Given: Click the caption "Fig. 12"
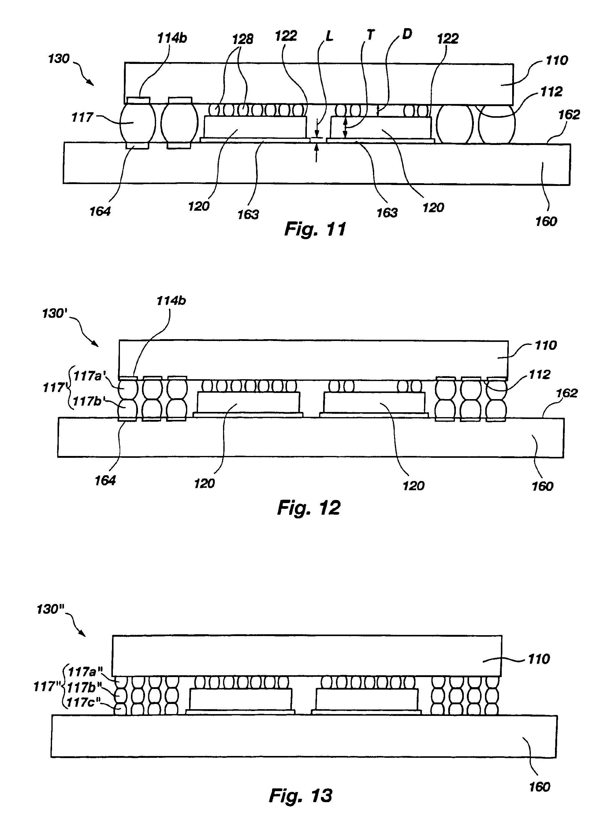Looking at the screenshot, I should [x=309, y=508].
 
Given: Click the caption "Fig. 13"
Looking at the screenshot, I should [x=300, y=795].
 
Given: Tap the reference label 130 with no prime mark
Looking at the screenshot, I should [x=59, y=59].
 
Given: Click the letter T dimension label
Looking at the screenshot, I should [x=371, y=35].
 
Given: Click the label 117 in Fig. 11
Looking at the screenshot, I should [x=82, y=117].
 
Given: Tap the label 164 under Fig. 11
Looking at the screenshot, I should [x=100, y=211].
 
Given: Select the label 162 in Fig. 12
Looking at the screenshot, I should [x=567, y=393].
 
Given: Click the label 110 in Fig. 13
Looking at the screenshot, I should [x=539, y=659].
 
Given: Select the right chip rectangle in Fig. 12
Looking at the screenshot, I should [x=374, y=402].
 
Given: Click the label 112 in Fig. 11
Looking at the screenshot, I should [x=551, y=92].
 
